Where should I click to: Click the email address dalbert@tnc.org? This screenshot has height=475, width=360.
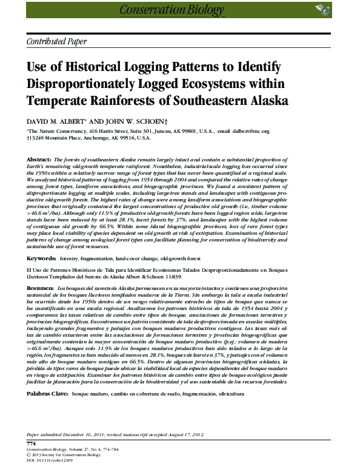(x=250, y=131)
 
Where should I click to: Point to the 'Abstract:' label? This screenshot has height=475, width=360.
(x=39, y=158)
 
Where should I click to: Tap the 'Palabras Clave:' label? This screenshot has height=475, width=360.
(x=47, y=393)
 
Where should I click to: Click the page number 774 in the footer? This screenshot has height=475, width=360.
(x=32, y=443)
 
